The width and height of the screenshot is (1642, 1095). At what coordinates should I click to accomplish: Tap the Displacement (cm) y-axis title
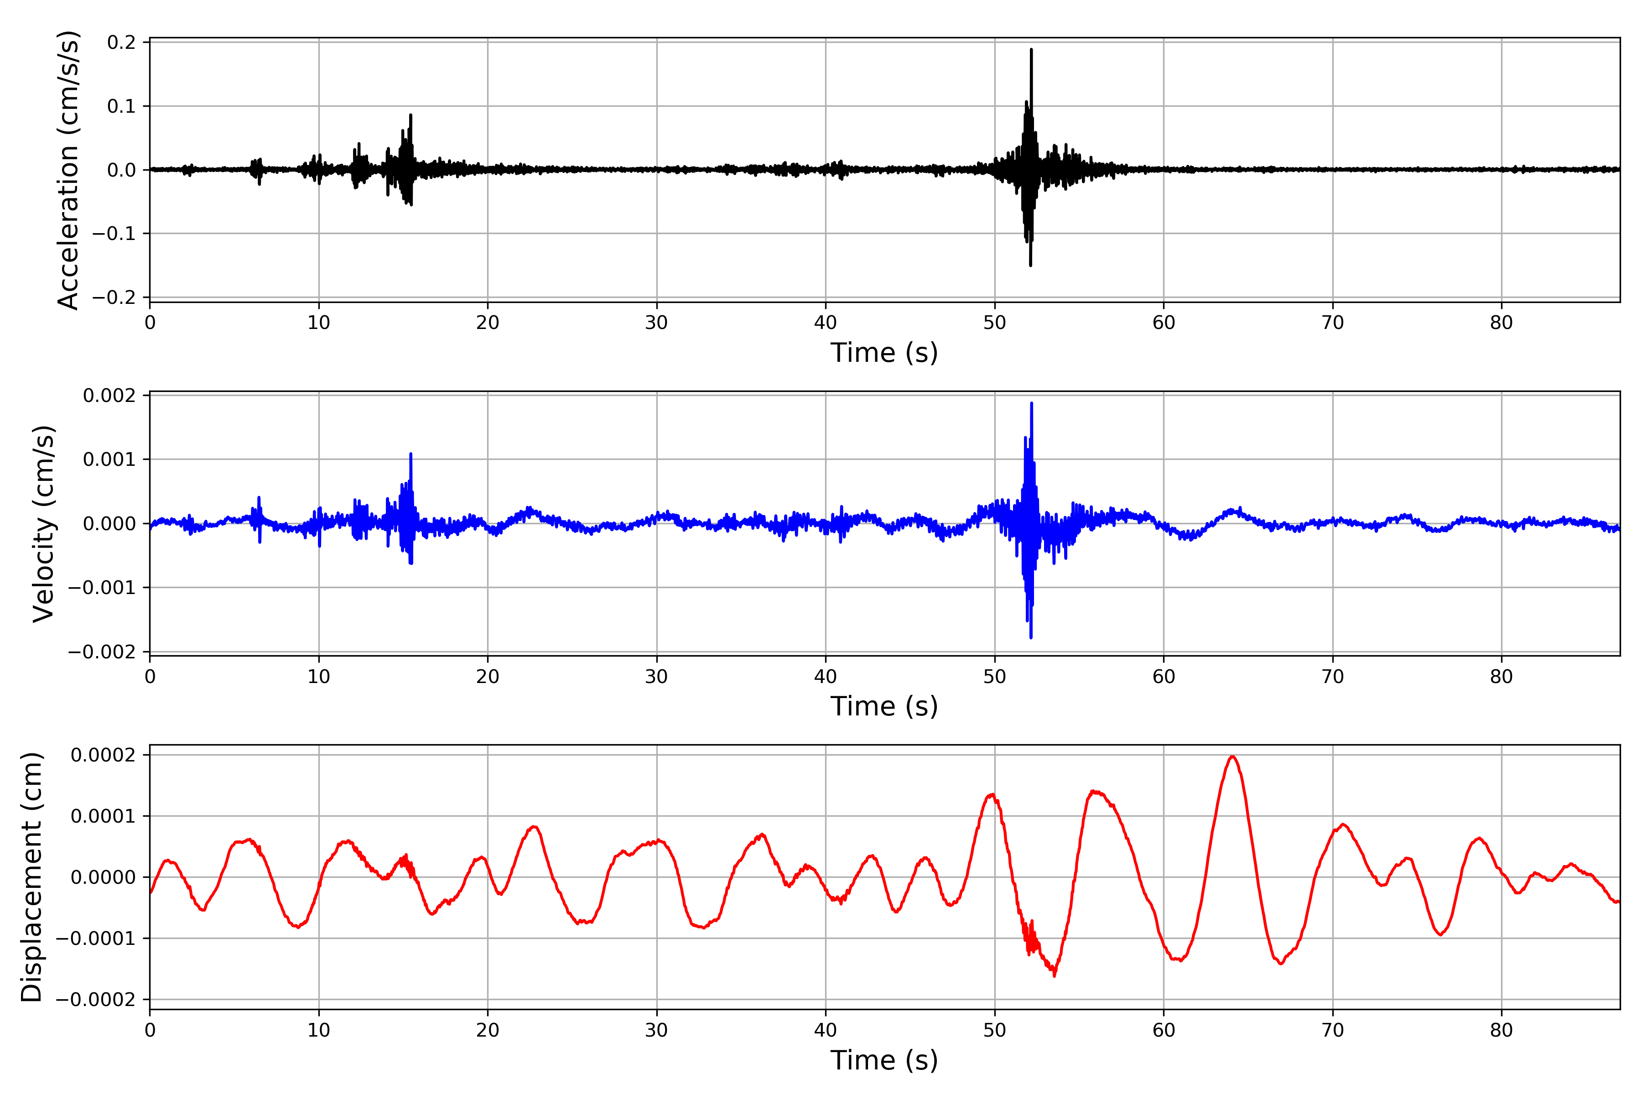[x=31, y=876]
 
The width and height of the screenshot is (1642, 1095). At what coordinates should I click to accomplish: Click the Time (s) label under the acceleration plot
[x=884, y=353]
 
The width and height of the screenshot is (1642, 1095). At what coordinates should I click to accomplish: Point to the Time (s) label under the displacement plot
[x=884, y=1060]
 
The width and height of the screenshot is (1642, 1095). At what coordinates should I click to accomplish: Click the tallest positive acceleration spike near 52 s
[x=1031, y=50]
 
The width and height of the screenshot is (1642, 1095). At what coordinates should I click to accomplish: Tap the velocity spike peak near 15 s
[x=410, y=454]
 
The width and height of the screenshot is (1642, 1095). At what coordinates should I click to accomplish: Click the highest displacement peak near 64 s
[x=1232, y=756]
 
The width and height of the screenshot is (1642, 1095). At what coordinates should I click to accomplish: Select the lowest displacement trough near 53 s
[x=1054, y=975]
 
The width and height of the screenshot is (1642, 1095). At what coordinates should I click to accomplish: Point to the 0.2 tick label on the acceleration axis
[x=121, y=42]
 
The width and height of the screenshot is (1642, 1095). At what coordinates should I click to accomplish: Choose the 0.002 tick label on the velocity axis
[x=109, y=396]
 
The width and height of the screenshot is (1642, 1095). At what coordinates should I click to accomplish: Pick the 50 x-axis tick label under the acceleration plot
[x=994, y=323]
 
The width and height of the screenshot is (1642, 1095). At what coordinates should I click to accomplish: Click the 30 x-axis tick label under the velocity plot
[x=656, y=676]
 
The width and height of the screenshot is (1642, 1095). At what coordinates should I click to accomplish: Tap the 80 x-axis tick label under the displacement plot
[x=1501, y=1030]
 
